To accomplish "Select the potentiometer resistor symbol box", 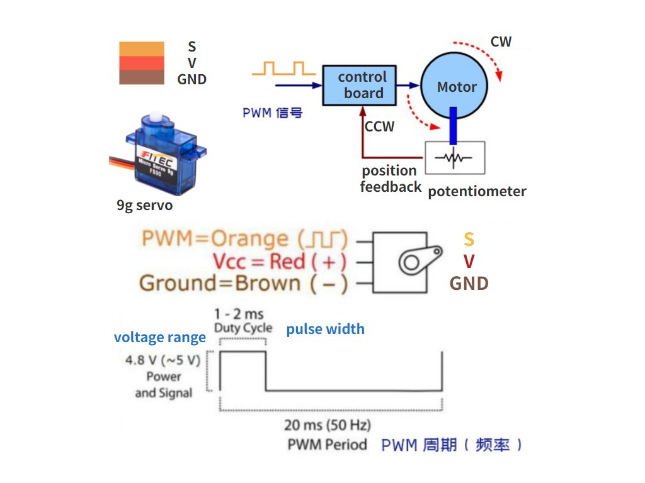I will (x=455, y=158).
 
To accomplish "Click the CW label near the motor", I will (x=501, y=42).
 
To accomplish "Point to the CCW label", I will (x=379, y=126).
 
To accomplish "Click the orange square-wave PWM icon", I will (x=279, y=68).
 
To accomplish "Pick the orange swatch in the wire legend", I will (x=142, y=48).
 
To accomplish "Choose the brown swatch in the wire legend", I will (x=142, y=77).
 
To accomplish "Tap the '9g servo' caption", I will (x=144, y=206).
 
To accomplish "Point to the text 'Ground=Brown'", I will (x=219, y=283).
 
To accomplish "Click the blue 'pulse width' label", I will (x=325, y=329).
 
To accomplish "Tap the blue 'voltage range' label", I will (x=159, y=337).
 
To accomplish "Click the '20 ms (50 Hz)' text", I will (x=327, y=425).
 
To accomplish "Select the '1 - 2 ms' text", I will (x=239, y=313).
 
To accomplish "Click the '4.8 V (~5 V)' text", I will (x=163, y=361).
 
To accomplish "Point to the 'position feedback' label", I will (x=390, y=179).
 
